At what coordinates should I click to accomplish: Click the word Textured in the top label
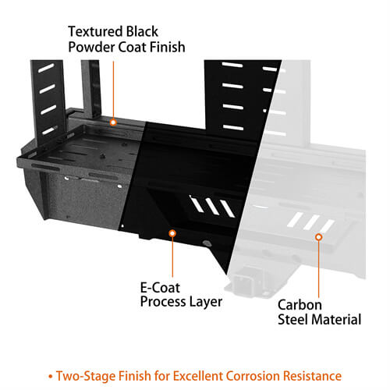pos(94,32)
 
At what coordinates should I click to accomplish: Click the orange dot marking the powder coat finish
pos(113,122)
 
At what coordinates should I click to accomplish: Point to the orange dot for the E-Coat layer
pos(172,232)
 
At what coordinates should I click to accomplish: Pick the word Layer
pos(207,301)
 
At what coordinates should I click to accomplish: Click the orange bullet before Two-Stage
pos(51,376)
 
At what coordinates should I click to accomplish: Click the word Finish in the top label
pos(168,48)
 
